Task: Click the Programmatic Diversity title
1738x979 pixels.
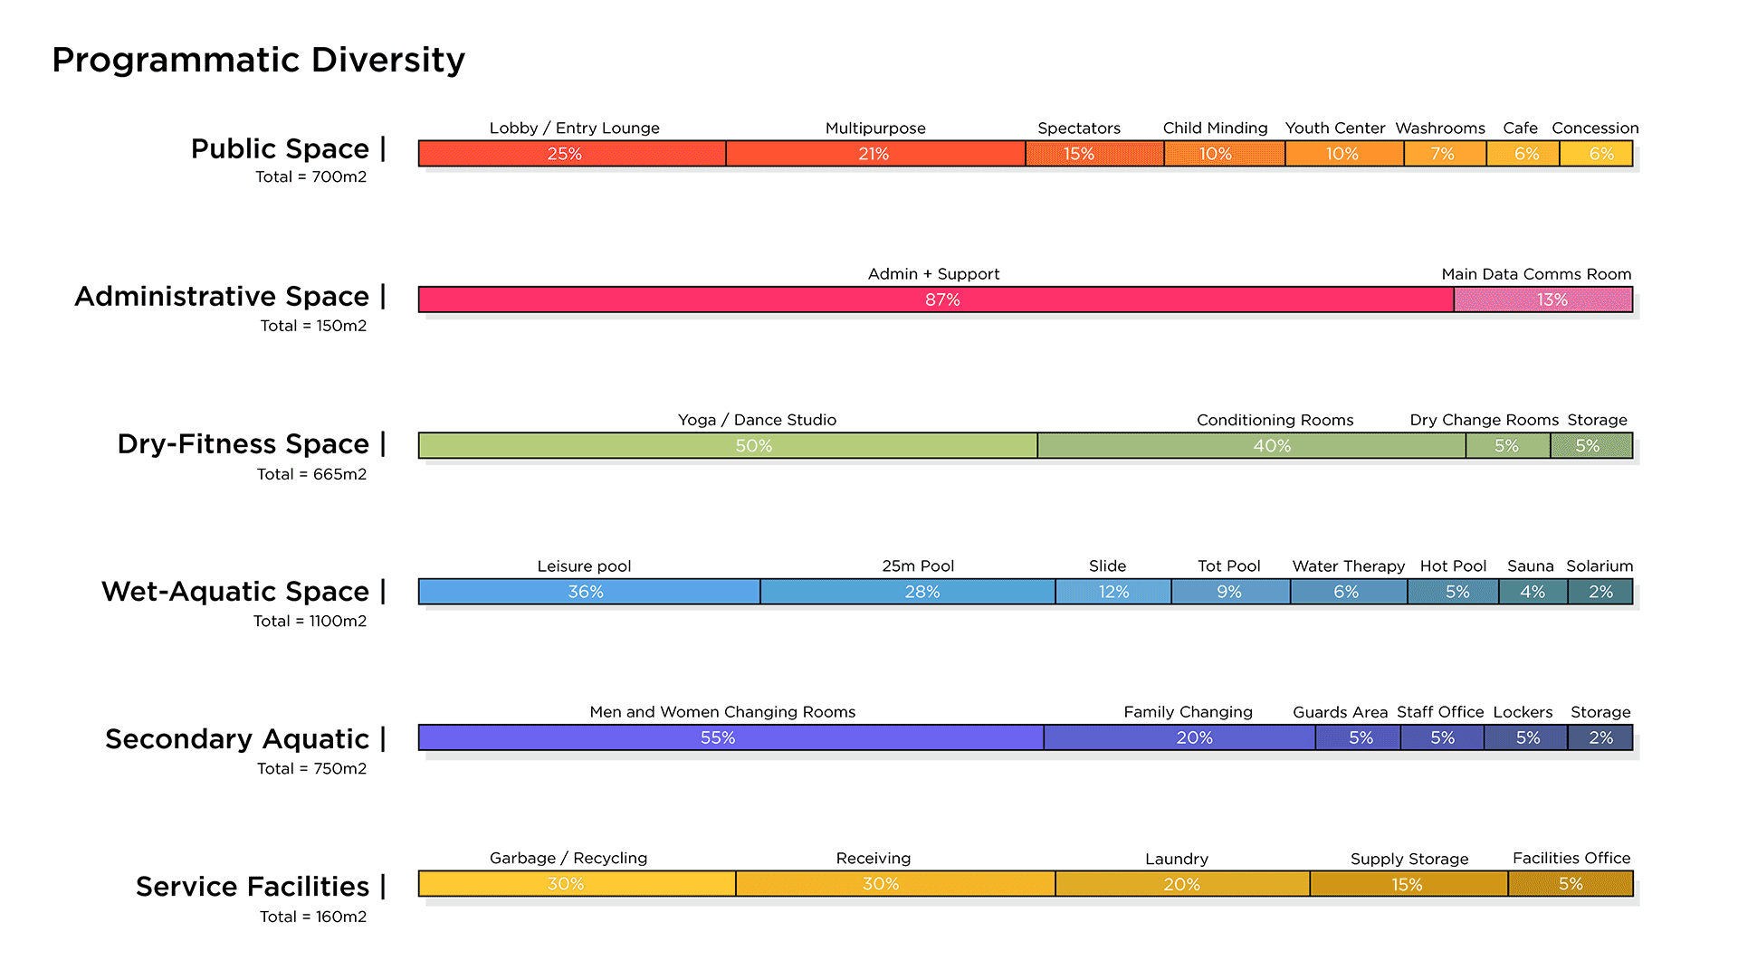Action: point(258,60)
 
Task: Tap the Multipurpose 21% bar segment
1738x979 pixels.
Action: point(874,154)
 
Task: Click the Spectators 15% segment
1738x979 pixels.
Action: point(1093,154)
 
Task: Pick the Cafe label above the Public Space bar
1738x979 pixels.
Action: point(1520,128)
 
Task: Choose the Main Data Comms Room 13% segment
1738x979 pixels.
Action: point(1542,299)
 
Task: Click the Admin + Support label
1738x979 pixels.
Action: point(933,274)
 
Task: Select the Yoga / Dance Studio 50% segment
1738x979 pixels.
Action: point(727,446)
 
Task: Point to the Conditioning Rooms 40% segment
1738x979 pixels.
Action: point(1251,446)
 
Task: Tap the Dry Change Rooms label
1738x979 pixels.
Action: point(1484,420)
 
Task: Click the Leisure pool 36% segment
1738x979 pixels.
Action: point(588,592)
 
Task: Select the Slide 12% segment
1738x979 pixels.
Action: point(1113,592)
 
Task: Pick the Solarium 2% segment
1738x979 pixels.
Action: point(1600,592)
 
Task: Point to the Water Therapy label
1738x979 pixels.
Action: point(1348,566)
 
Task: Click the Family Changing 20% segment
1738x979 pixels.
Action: point(1179,738)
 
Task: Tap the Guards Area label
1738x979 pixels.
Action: point(1340,712)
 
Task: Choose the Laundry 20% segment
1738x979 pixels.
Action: point(1181,884)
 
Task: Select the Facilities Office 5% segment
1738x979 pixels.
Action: point(1570,884)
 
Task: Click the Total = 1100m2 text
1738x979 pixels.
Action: point(310,621)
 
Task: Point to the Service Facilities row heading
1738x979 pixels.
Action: point(253,887)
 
